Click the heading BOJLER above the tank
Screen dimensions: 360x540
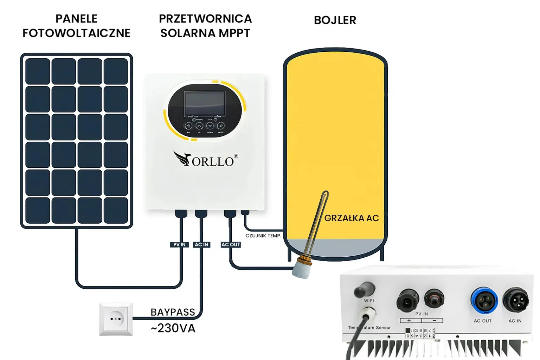(x=335, y=20)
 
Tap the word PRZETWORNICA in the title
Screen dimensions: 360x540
(x=205, y=19)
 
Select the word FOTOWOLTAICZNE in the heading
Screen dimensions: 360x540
(x=76, y=33)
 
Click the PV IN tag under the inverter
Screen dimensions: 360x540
(x=179, y=245)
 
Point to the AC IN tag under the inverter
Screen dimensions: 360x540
(x=201, y=245)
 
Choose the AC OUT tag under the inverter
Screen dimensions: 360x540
(x=231, y=245)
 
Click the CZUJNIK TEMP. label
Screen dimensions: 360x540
(x=263, y=236)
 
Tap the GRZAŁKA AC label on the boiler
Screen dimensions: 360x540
(x=351, y=218)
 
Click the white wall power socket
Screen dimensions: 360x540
(x=116, y=319)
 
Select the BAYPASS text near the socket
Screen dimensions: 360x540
(x=173, y=312)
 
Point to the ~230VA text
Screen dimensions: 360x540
(x=173, y=328)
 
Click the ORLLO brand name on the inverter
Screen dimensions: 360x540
(x=212, y=161)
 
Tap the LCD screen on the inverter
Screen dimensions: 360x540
(x=205, y=103)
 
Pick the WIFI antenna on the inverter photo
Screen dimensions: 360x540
(x=365, y=289)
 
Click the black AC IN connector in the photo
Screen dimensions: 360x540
(x=515, y=300)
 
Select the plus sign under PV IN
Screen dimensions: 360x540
(x=409, y=321)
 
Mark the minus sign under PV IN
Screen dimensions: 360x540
(x=435, y=321)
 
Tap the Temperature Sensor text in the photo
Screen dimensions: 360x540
(x=369, y=328)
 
